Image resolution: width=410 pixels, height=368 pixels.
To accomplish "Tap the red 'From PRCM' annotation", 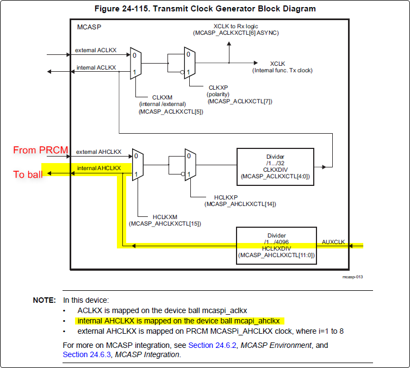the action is (41, 150).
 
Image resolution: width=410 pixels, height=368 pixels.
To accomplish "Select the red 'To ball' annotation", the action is (28, 174).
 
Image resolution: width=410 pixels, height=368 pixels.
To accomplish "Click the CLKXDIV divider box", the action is (275, 167).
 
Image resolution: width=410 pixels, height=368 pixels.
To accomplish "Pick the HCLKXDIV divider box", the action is (276, 245).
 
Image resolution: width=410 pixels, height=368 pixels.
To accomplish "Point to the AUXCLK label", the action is (333, 242).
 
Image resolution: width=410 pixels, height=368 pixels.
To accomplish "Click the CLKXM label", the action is (162, 97).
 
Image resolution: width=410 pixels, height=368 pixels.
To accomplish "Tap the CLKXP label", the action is (218, 88).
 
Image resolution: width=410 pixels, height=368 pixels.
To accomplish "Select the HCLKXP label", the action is (226, 197).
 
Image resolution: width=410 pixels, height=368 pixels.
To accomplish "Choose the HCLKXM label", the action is (165, 217).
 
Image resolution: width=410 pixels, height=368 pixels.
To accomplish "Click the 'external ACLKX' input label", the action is (96, 50).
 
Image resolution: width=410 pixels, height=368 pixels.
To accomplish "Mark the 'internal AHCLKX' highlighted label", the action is (99, 168).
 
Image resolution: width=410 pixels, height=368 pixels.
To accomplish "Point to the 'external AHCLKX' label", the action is (98, 152).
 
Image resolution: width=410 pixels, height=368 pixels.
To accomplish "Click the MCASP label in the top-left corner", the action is (89, 27).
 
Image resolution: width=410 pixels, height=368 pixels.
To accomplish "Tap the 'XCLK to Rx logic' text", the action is (235, 26).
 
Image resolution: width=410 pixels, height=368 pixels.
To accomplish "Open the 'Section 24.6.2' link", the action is (212, 345).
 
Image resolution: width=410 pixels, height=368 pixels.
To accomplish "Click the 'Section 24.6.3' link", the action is (87, 354).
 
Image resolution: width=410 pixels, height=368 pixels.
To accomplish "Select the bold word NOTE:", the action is (45, 300).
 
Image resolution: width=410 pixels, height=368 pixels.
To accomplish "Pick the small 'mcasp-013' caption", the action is (352, 277).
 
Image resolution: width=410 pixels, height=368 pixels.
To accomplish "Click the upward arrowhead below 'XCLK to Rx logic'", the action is (229, 43).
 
